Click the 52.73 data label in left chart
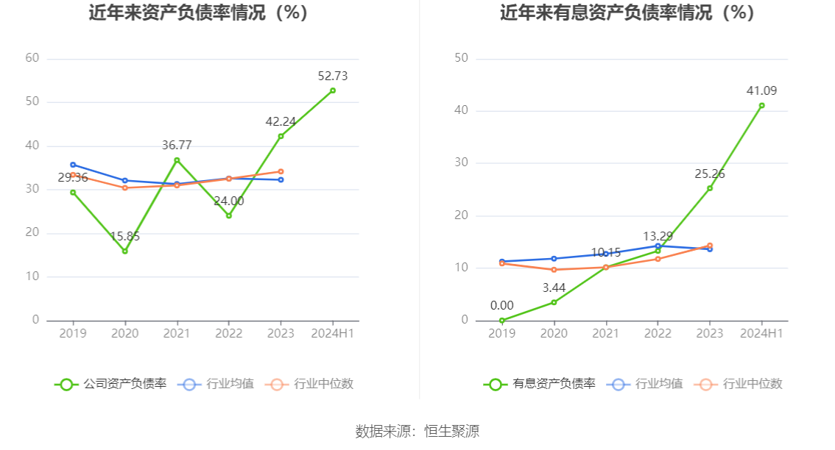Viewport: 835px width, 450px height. coord(333,76)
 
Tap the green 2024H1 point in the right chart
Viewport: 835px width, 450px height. coord(762,105)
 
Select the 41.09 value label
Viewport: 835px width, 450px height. coord(762,90)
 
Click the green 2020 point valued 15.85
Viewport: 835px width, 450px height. coord(125,251)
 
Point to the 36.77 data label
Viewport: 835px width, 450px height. coord(177,146)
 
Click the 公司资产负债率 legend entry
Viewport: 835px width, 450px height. coord(111,384)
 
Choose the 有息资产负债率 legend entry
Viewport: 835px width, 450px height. coord(540,384)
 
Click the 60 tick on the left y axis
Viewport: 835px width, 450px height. coord(32,58)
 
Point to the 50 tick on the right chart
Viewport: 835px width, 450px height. coord(462,58)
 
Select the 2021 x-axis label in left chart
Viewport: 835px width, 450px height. coord(177,333)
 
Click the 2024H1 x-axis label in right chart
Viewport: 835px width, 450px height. coord(762,333)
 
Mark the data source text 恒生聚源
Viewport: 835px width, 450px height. coord(451,431)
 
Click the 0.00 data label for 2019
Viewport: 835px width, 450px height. coord(502,305)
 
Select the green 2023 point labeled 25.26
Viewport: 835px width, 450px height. coord(710,188)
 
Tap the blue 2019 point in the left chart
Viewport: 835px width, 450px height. coord(73,165)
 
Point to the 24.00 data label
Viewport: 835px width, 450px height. coord(229,201)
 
